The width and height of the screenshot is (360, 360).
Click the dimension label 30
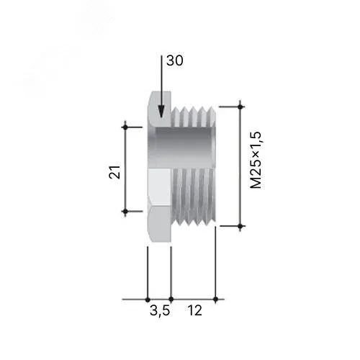[x=175, y=60]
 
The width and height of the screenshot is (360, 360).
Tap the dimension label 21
[x=114, y=172]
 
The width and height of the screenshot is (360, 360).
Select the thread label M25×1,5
[x=256, y=160]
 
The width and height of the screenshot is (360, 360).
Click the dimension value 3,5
[x=160, y=311]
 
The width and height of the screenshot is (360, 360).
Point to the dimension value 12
[x=194, y=310]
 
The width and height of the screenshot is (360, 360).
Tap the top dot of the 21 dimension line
[x=125, y=127]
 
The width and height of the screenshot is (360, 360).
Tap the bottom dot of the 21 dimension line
[x=125, y=212]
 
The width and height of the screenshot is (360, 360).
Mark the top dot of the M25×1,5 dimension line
[x=240, y=107]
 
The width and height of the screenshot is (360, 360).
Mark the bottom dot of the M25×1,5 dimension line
[x=240, y=226]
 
